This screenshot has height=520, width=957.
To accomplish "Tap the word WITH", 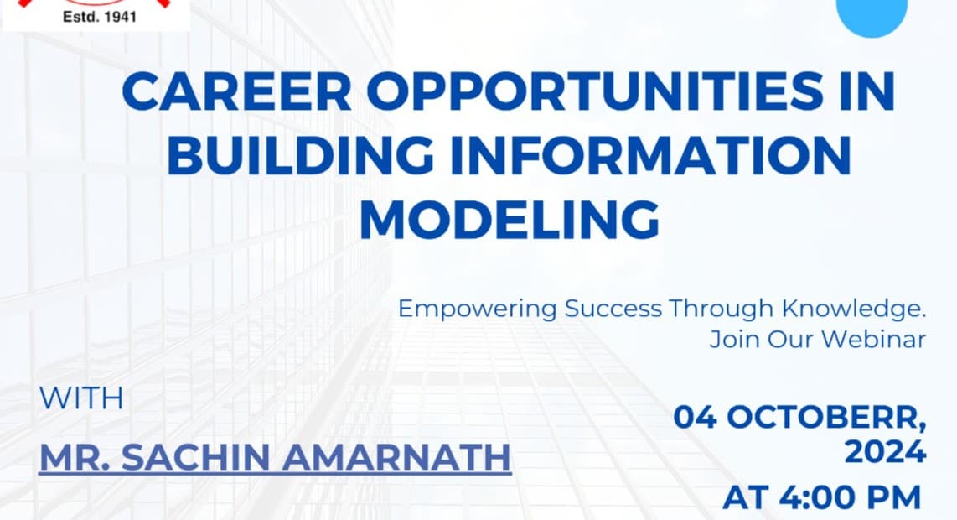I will tap(81, 398).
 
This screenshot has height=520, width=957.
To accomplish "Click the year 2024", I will tap(885, 453).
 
